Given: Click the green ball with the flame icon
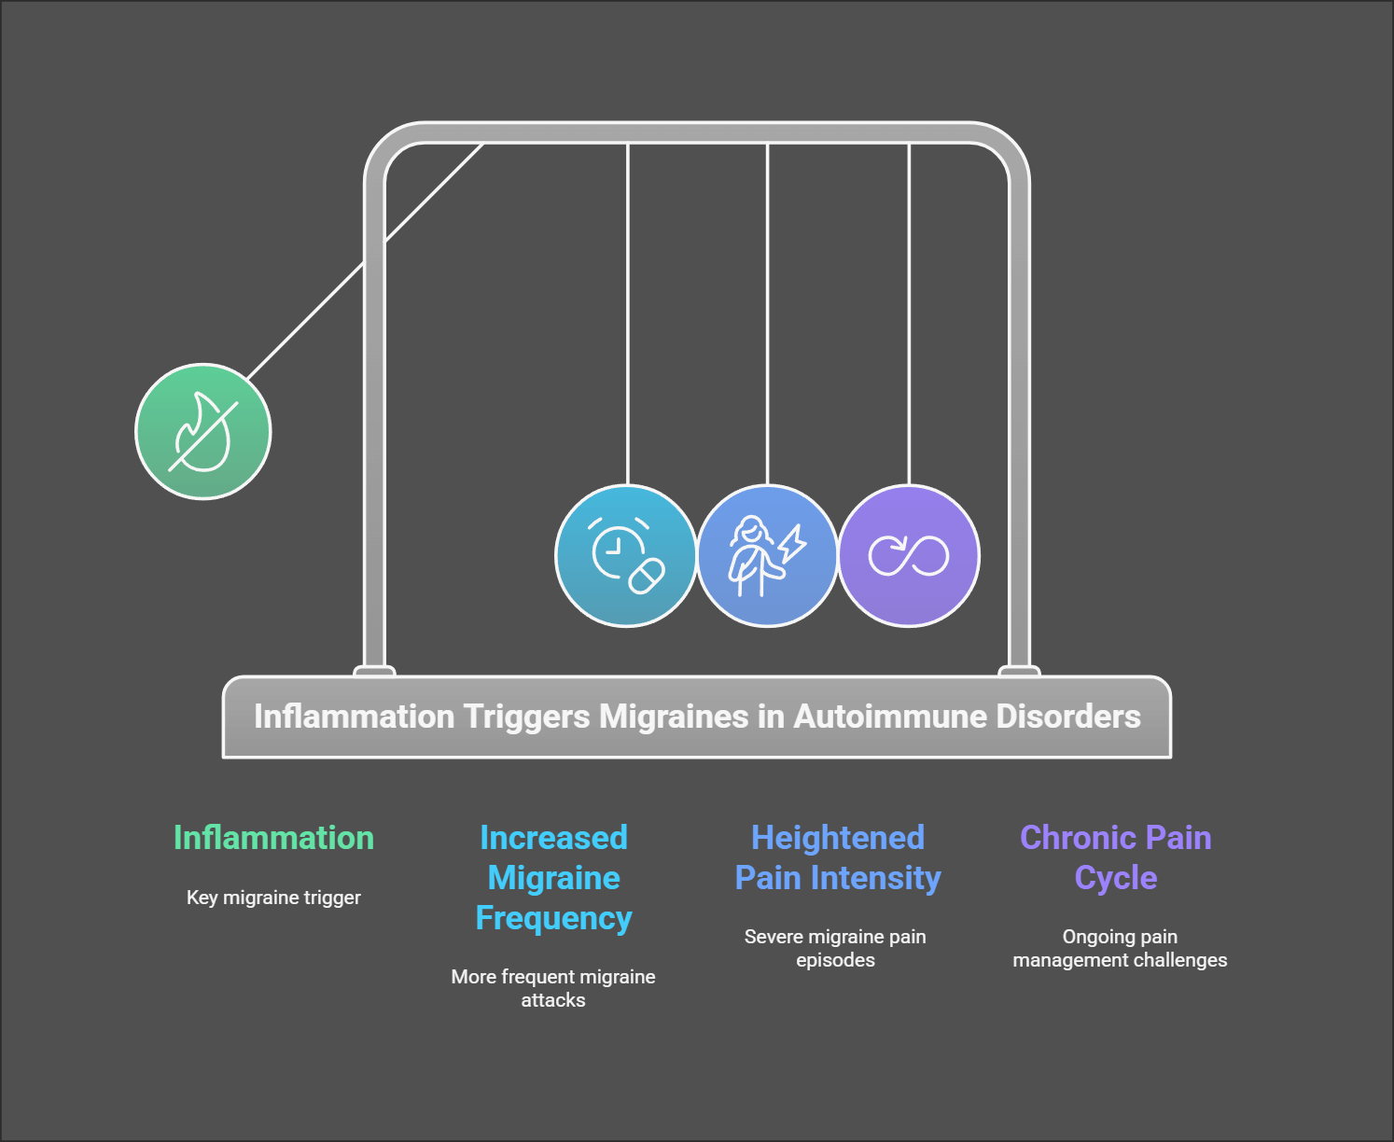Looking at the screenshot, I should pos(203,432).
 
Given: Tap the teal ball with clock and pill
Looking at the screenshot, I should pos(626,556).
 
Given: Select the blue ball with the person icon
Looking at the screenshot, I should pos(767,556).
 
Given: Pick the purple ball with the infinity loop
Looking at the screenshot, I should pos(909,556).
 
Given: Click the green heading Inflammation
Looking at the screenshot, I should pos(273,838).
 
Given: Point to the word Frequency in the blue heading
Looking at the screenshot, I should pos(553,919).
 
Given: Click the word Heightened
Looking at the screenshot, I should pos(838,838).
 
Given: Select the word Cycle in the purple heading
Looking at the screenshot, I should pos(1116,879).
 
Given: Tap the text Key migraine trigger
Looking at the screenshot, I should pos(273,898).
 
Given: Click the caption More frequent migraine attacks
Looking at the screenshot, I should pos(553,988).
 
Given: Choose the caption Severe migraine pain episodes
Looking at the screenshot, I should pos(835,948).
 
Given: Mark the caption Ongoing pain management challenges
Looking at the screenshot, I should pos(1120,948).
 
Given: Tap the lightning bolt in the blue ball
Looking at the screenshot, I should pos(792,544).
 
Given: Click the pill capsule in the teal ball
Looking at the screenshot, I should pos(647,576).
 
